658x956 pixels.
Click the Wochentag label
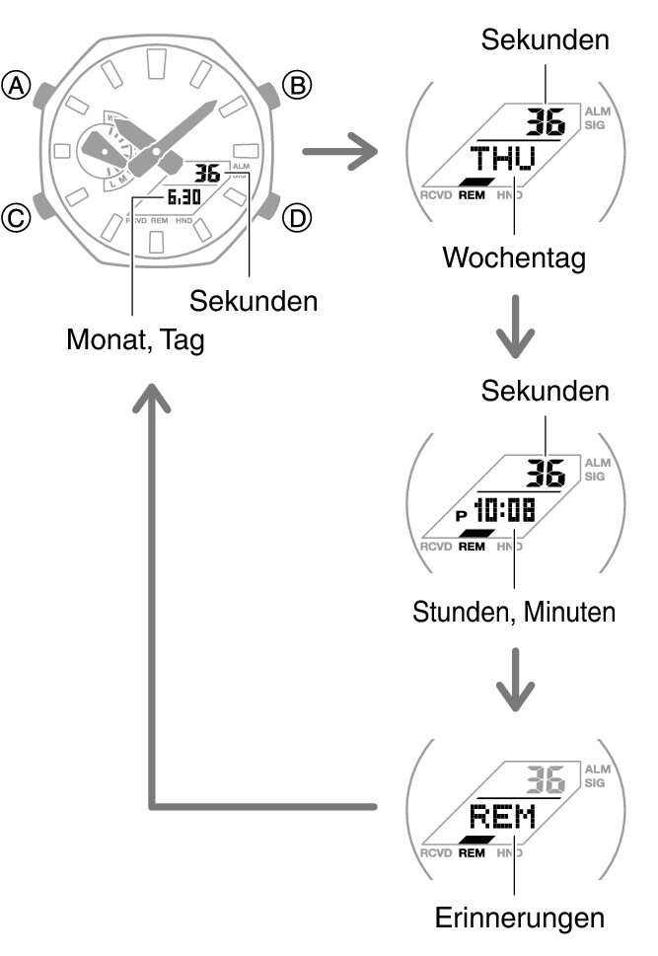point(513,257)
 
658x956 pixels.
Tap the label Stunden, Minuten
point(513,611)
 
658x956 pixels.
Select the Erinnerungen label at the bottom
point(519,919)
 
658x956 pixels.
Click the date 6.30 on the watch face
point(183,197)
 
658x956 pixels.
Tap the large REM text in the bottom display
point(502,817)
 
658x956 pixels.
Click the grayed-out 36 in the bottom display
point(544,781)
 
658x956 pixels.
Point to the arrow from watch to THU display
point(339,153)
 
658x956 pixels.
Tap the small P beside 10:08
point(461,515)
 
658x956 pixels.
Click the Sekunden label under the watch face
point(255,300)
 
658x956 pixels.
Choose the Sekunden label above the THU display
point(545,39)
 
